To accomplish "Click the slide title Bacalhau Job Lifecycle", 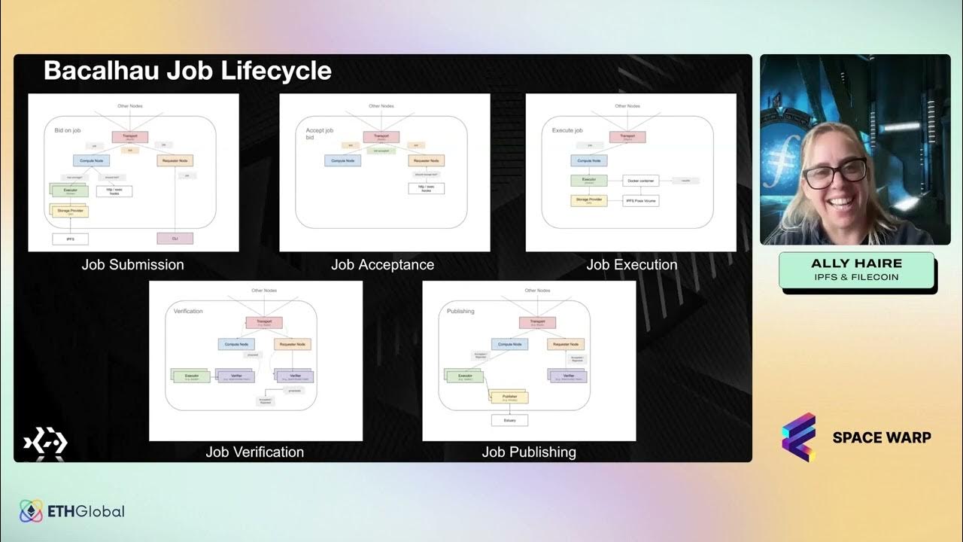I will click(187, 71).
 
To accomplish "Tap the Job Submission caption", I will click(132, 264).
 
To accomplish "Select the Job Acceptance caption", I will click(382, 264).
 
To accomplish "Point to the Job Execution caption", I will click(631, 264).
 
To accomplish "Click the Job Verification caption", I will click(254, 452).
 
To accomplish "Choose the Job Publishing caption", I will click(528, 452).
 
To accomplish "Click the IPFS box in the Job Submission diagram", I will click(70, 239).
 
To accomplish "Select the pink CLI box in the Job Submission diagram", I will click(175, 239).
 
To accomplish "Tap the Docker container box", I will click(640, 181).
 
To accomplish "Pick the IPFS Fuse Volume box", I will click(640, 201).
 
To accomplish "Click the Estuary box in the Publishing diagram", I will click(509, 420).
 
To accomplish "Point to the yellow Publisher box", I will click(510, 397).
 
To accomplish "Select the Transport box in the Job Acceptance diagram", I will click(381, 137).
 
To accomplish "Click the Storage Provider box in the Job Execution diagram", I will click(588, 201).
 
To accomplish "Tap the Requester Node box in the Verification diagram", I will click(292, 344).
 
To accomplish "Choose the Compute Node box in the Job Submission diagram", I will click(91, 160).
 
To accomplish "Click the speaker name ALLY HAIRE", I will click(856, 263).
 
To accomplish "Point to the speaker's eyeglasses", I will click(834, 173).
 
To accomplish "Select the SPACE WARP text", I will click(881, 437).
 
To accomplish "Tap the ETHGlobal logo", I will click(72, 511).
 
